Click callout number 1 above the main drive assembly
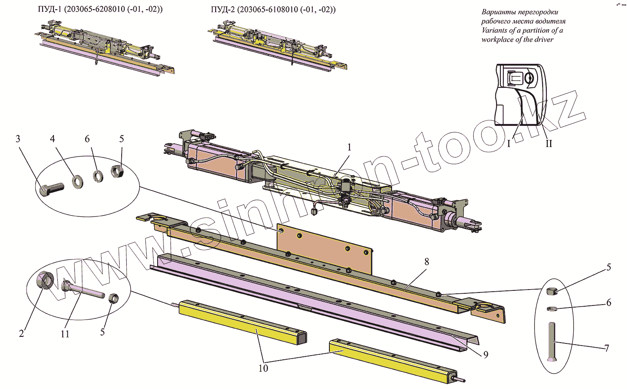[x=349, y=147]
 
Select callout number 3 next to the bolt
[x=18, y=139]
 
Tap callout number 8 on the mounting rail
[x=426, y=262]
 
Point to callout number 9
[x=485, y=355]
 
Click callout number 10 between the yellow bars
[x=263, y=368]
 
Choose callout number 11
[x=65, y=334]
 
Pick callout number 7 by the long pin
[x=607, y=348]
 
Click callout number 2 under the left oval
[x=21, y=333]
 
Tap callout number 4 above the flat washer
[x=52, y=139]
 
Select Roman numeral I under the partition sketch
[x=509, y=144]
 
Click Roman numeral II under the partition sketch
[x=548, y=144]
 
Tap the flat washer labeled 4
[x=77, y=182]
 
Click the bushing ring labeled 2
[x=44, y=280]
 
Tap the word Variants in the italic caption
[x=495, y=31]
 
